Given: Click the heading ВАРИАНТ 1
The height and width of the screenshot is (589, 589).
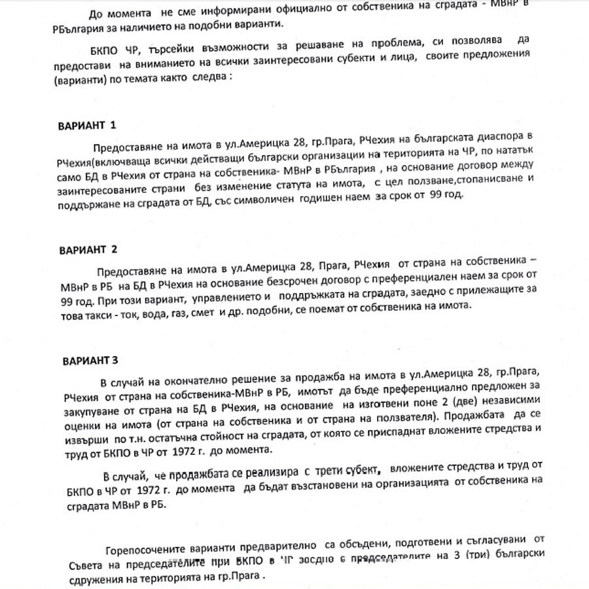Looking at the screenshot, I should click(86, 125).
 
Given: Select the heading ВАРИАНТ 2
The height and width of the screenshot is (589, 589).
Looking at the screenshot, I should click(88, 250).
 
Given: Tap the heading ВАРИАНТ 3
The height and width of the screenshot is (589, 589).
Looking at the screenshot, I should click(90, 361).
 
